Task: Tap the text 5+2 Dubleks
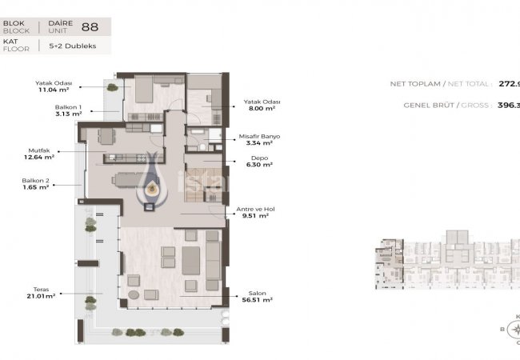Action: click(x=77, y=46)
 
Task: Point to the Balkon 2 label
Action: click(x=38, y=182)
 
